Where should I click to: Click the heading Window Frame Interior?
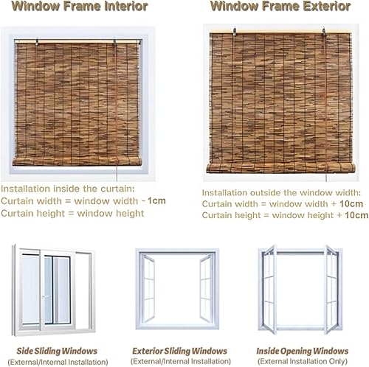click(80, 7)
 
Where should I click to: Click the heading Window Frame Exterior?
click(280, 7)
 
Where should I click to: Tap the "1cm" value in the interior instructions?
click(156, 200)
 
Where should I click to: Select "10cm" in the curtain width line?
click(351, 203)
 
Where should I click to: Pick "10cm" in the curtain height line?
click(356, 215)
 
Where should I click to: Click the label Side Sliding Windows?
click(57, 351)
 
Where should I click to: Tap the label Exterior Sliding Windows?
click(180, 351)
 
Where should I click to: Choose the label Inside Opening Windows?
click(303, 351)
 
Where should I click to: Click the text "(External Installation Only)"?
click(303, 361)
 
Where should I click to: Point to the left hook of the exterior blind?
click(235, 32)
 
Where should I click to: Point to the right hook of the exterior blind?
click(324, 32)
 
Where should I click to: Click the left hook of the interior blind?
click(37, 42)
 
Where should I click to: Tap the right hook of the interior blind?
click(114, 42)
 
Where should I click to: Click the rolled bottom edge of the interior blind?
click(77, 161)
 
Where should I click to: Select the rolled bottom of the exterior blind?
click(280, 168)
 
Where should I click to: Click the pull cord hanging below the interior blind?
click(117, 173)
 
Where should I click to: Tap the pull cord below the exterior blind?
click(326, 178)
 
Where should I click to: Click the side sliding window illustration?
click(54, 290)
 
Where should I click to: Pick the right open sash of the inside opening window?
click(332, 290)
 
